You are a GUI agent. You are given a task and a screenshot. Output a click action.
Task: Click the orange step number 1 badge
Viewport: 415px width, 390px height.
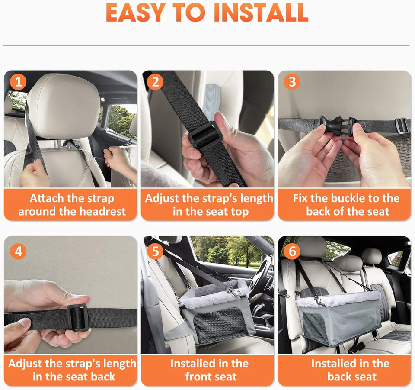18,82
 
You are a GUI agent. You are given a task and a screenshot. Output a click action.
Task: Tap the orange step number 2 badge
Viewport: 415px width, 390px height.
155,82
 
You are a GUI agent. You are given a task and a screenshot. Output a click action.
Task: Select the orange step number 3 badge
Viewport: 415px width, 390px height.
292,82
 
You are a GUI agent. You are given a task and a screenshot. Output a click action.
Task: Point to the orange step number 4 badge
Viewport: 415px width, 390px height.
18,251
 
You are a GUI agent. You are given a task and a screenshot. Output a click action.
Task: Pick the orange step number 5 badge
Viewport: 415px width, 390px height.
155,251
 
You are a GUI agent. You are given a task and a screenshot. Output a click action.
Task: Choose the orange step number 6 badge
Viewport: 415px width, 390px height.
292,251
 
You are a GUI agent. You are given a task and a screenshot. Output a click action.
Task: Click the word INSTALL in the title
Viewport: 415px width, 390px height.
261,13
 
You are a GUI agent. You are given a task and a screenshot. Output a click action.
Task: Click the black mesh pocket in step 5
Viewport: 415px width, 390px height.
219,324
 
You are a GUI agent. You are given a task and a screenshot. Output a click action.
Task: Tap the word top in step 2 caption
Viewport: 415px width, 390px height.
239,212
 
